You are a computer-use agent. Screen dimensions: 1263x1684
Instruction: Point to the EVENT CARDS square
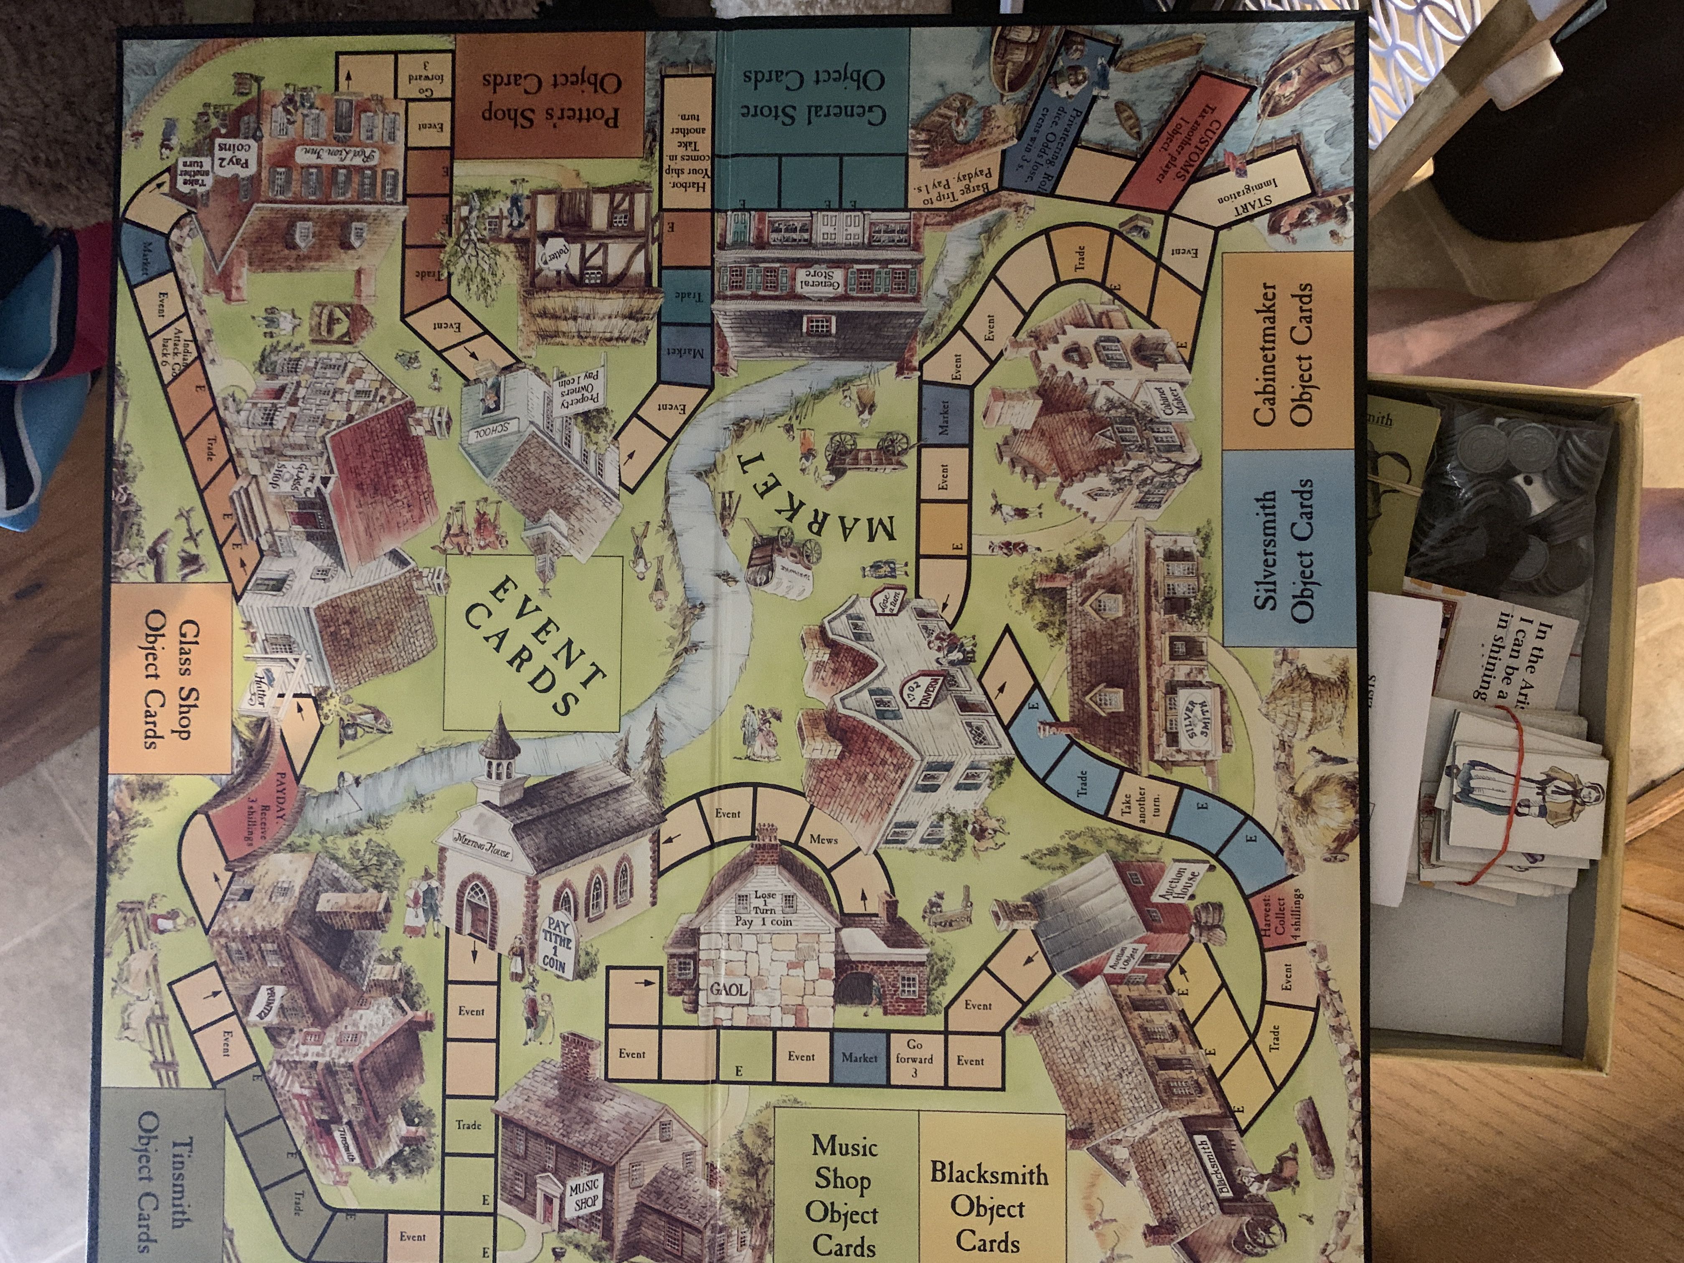click(x=533, y=643)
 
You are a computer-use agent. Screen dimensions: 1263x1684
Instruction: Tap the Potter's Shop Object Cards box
click(x=550, y=95)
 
